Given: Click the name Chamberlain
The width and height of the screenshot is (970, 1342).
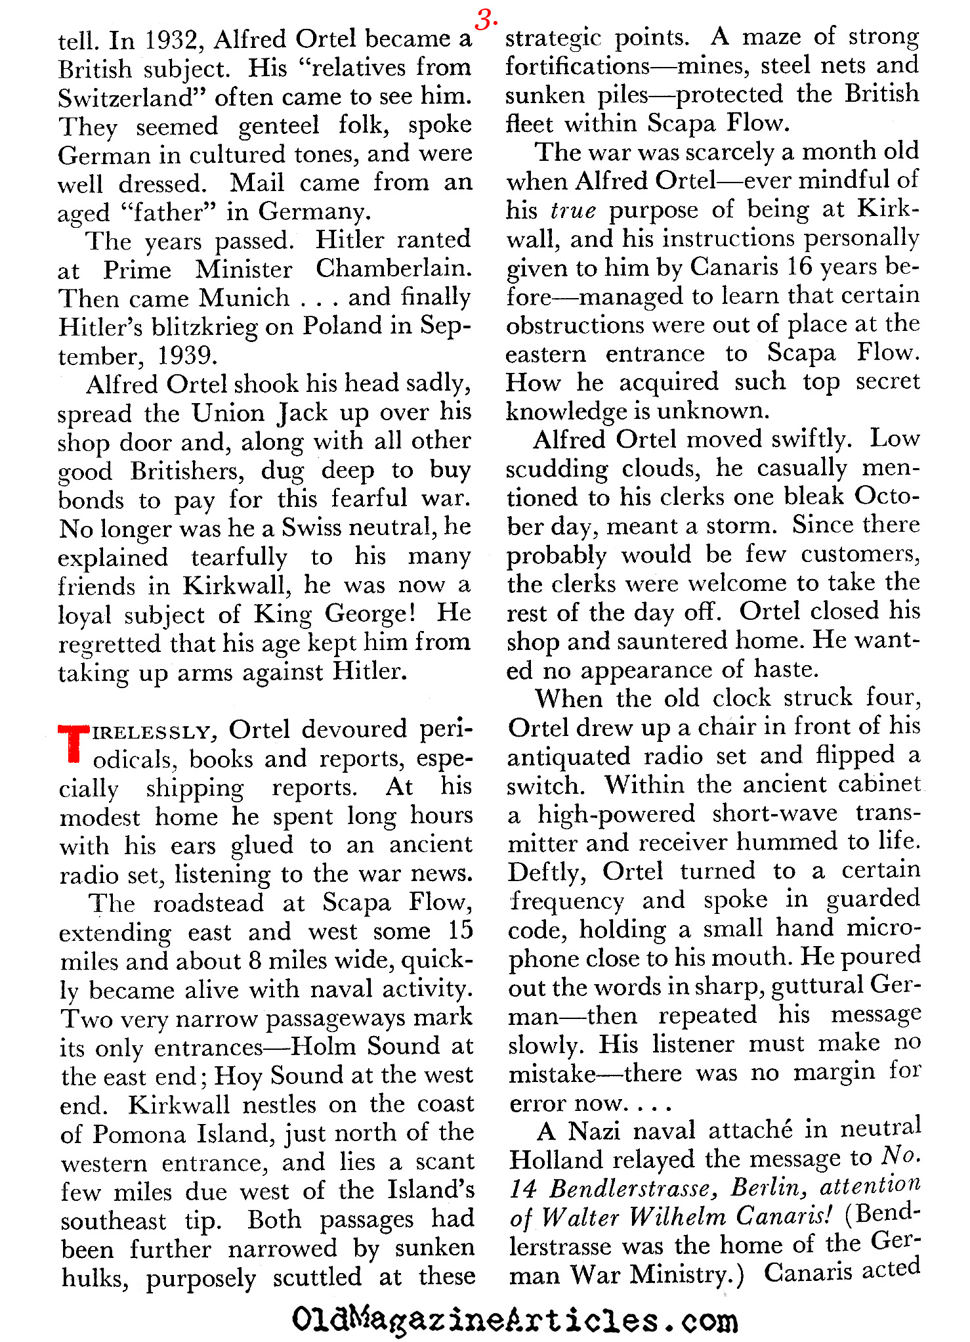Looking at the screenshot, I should click(393, 269).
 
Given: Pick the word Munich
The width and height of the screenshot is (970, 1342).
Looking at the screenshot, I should click(244, 298).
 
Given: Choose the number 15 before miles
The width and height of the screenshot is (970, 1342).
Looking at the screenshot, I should click(460, 931).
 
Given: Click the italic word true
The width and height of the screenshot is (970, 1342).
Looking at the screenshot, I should click(573, 210).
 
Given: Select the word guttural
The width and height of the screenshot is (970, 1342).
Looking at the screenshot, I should click(818, 987).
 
